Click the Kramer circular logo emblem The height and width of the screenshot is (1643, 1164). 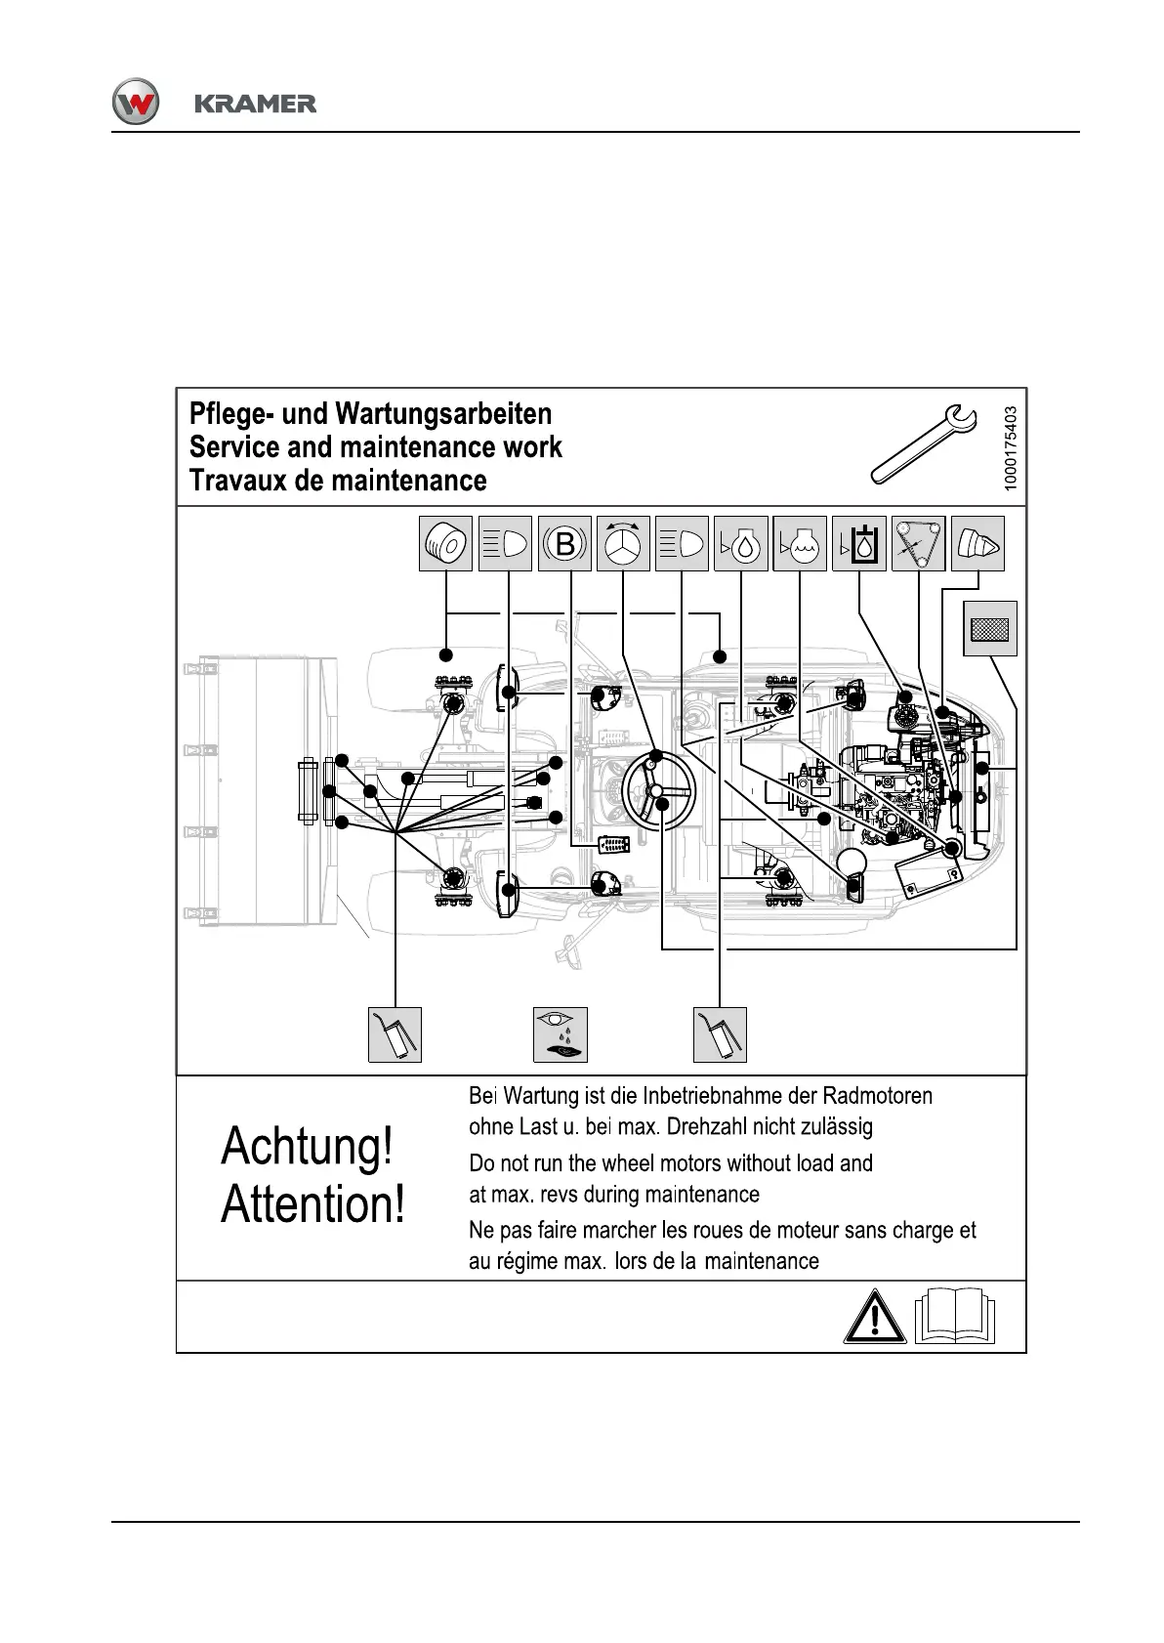pos(135,102)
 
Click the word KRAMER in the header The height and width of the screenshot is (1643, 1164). pos(255,104)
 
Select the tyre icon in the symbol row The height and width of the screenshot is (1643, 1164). pos(446,543)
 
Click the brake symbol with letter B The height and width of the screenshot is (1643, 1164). pos(564,543)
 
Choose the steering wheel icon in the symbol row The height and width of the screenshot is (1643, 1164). pos(623,543)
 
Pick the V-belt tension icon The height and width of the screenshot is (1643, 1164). pos(918,543)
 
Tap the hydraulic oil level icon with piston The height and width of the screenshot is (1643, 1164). pos(859,543)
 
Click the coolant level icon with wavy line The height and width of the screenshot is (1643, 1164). pos(800,543)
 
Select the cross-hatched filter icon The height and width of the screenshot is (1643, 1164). pos(990,628)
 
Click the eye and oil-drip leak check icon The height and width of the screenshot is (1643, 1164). pos(561,1034)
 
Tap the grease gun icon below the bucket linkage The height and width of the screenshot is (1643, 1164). pos(395,1034)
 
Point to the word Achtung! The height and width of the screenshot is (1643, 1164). pos(308,1147)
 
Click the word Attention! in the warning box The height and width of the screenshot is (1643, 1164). pos(312,1204)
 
